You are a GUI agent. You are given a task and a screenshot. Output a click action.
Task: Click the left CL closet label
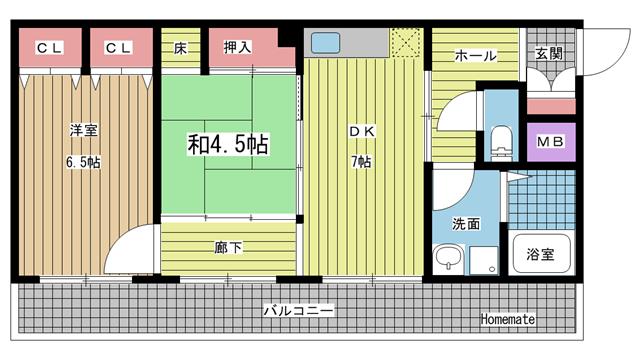50,48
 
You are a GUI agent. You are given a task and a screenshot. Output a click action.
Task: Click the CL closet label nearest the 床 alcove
118,48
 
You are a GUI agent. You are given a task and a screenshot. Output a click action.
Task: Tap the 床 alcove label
180,48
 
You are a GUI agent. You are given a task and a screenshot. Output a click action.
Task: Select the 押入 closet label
237,47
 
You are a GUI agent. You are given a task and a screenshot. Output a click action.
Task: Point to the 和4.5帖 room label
228,144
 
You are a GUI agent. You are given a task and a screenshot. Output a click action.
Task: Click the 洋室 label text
83,130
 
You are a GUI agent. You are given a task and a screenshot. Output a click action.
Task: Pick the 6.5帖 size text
83,162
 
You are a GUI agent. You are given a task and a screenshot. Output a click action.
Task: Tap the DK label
362,131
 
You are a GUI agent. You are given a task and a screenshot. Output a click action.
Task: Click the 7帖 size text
362,162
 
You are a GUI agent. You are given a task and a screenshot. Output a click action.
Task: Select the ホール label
476,56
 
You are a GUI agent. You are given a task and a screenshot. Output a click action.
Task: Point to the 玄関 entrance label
549,53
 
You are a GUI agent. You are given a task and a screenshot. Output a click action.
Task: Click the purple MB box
551,142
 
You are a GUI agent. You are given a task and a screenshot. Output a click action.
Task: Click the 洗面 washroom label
466,224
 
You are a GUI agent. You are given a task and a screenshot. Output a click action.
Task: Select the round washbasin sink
449,257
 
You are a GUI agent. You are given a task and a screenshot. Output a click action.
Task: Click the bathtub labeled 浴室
541,253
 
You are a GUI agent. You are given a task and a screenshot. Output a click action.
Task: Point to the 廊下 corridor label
228,247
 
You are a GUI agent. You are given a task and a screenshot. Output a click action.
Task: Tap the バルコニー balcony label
298,311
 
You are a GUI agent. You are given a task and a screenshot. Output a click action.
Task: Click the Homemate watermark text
508,319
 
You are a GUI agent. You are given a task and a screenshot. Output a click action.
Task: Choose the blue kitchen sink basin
325,43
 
